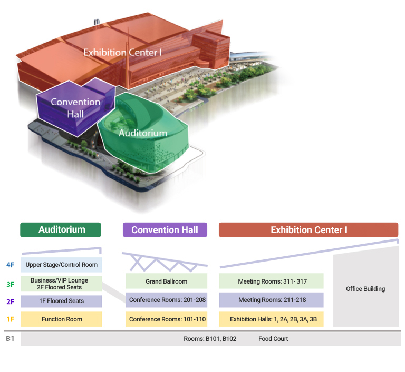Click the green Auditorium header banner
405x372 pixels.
coord(60,229)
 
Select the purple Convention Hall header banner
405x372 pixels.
coord(165,229)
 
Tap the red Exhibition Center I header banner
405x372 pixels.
coord(308,229)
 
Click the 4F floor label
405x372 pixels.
coord(10,265)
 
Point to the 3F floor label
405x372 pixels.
coord(10,284)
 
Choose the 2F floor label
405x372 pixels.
coord(10,301)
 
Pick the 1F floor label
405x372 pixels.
coord(10,319)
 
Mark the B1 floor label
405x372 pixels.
coord(10,339)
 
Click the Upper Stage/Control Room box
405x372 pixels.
coord(61,265)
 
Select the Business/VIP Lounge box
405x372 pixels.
coord(61,284)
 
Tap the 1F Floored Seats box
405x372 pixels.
coord(61,301)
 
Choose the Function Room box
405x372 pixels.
coord(61,319)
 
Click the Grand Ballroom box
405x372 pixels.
coord(167,281)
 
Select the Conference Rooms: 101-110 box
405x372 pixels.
coord(167,319)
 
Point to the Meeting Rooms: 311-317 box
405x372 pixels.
coord(271,281)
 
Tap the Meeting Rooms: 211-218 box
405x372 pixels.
coord(271,300)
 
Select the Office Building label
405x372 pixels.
coord(365,289)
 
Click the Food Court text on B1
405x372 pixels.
coord(273,339)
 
